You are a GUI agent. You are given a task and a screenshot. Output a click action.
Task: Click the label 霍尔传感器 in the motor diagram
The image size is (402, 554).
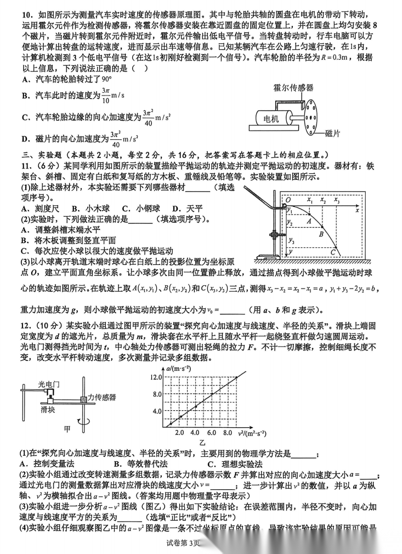295,87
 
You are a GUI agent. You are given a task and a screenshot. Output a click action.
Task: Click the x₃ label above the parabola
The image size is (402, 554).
336,201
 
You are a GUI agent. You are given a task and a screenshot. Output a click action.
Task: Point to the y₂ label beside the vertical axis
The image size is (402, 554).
290,221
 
